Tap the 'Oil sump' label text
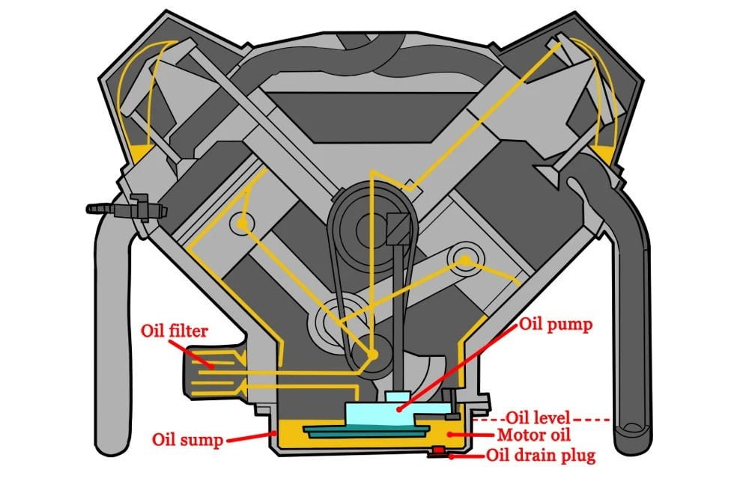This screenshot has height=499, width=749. coord(187,439)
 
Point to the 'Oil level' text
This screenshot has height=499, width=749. coord(539,417)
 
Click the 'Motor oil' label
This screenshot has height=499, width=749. coord(533,435)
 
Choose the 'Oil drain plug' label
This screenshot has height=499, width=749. coord(542,455)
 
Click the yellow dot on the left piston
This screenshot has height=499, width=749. coord(241,223)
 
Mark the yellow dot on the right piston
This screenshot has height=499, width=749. coord(466,260)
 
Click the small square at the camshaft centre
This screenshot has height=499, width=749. coord(397,225)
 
